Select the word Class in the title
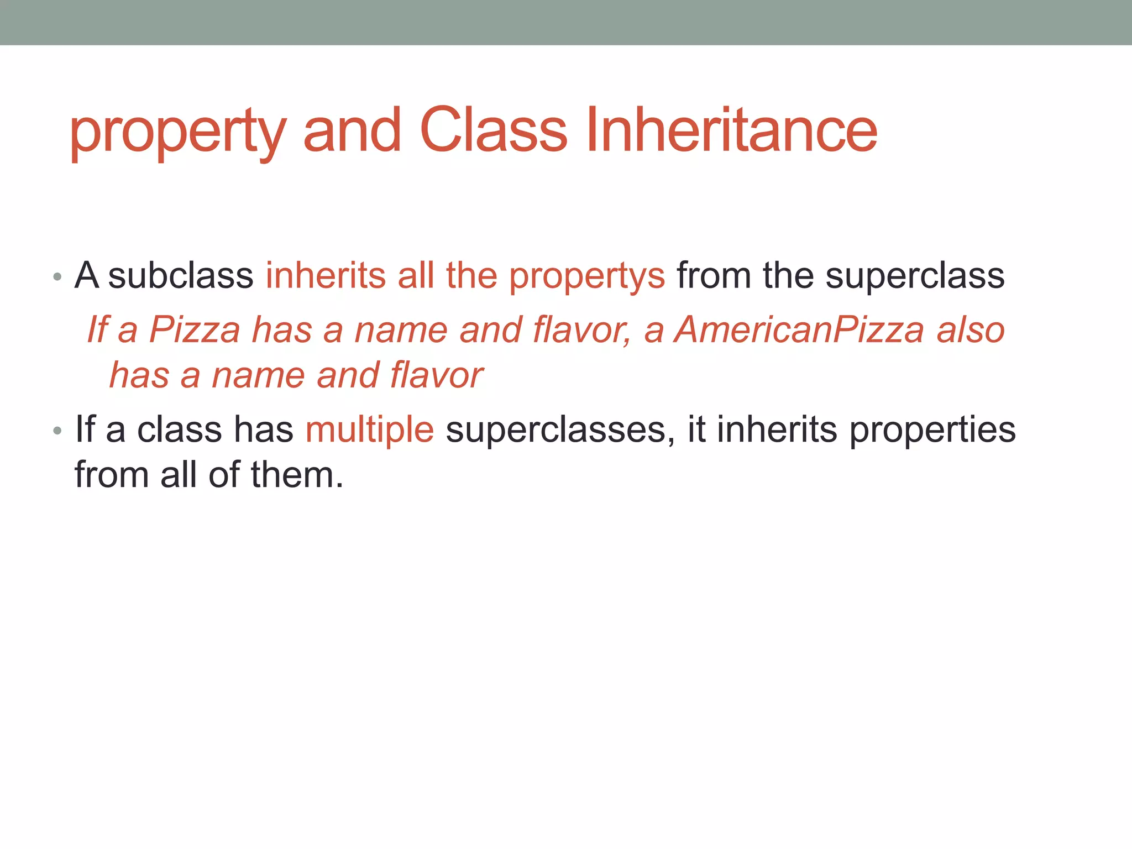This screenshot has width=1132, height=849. (494, 130)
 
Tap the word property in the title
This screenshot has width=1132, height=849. (177, 133)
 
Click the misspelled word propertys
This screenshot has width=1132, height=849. (586, 276)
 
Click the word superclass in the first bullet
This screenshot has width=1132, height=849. (915, 276)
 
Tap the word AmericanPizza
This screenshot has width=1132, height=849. (800, 330)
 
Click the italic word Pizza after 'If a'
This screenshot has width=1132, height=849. (195, 330)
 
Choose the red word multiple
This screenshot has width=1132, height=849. (370, 431)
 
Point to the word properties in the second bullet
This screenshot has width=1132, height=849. (932, 431)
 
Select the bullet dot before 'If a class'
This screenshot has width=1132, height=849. (57, 431)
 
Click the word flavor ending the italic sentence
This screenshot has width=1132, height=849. (436, 375)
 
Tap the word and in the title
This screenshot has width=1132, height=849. (352, 130)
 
